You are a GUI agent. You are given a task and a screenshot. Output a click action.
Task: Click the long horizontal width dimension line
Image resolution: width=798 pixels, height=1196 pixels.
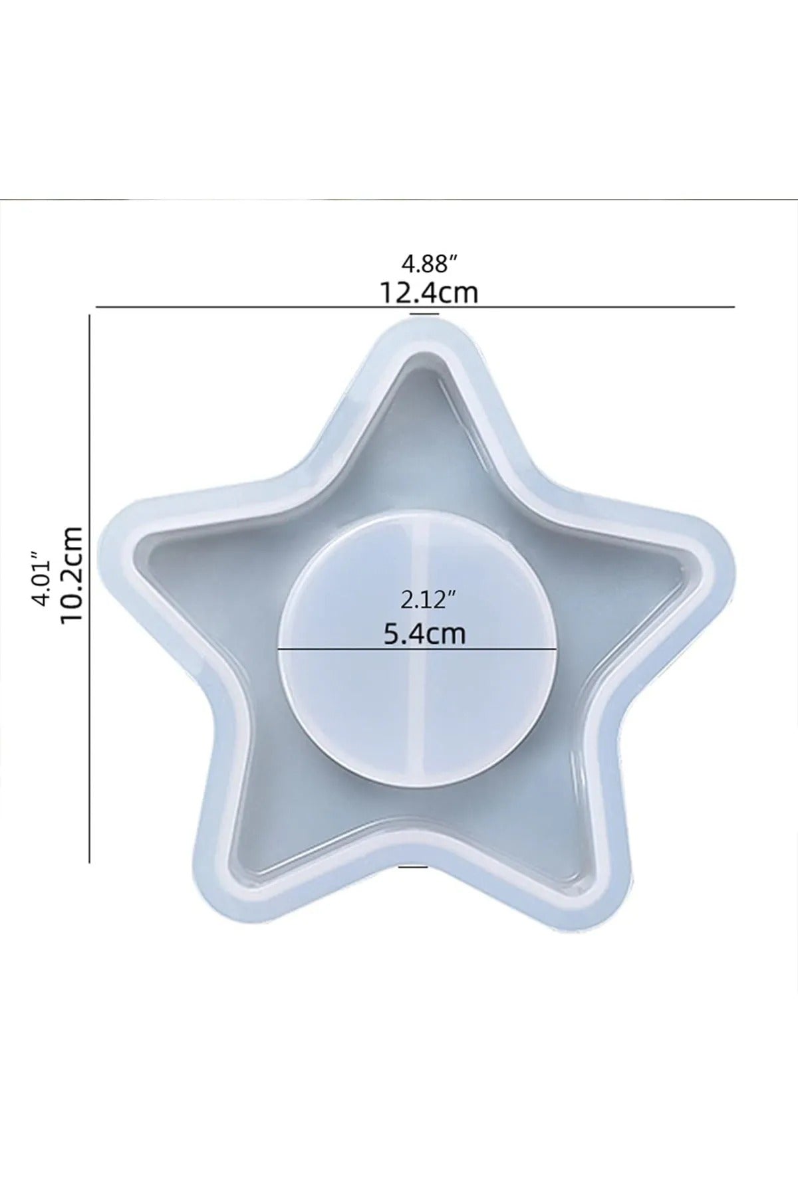pos(416,307)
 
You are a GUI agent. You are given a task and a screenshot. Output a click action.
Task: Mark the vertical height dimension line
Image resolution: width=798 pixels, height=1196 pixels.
pos(90,589)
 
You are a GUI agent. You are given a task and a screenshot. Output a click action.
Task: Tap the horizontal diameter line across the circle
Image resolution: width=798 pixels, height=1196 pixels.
pos(417,648)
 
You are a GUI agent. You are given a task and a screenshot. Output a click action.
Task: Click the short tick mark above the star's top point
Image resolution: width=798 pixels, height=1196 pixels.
pos(424,314)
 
